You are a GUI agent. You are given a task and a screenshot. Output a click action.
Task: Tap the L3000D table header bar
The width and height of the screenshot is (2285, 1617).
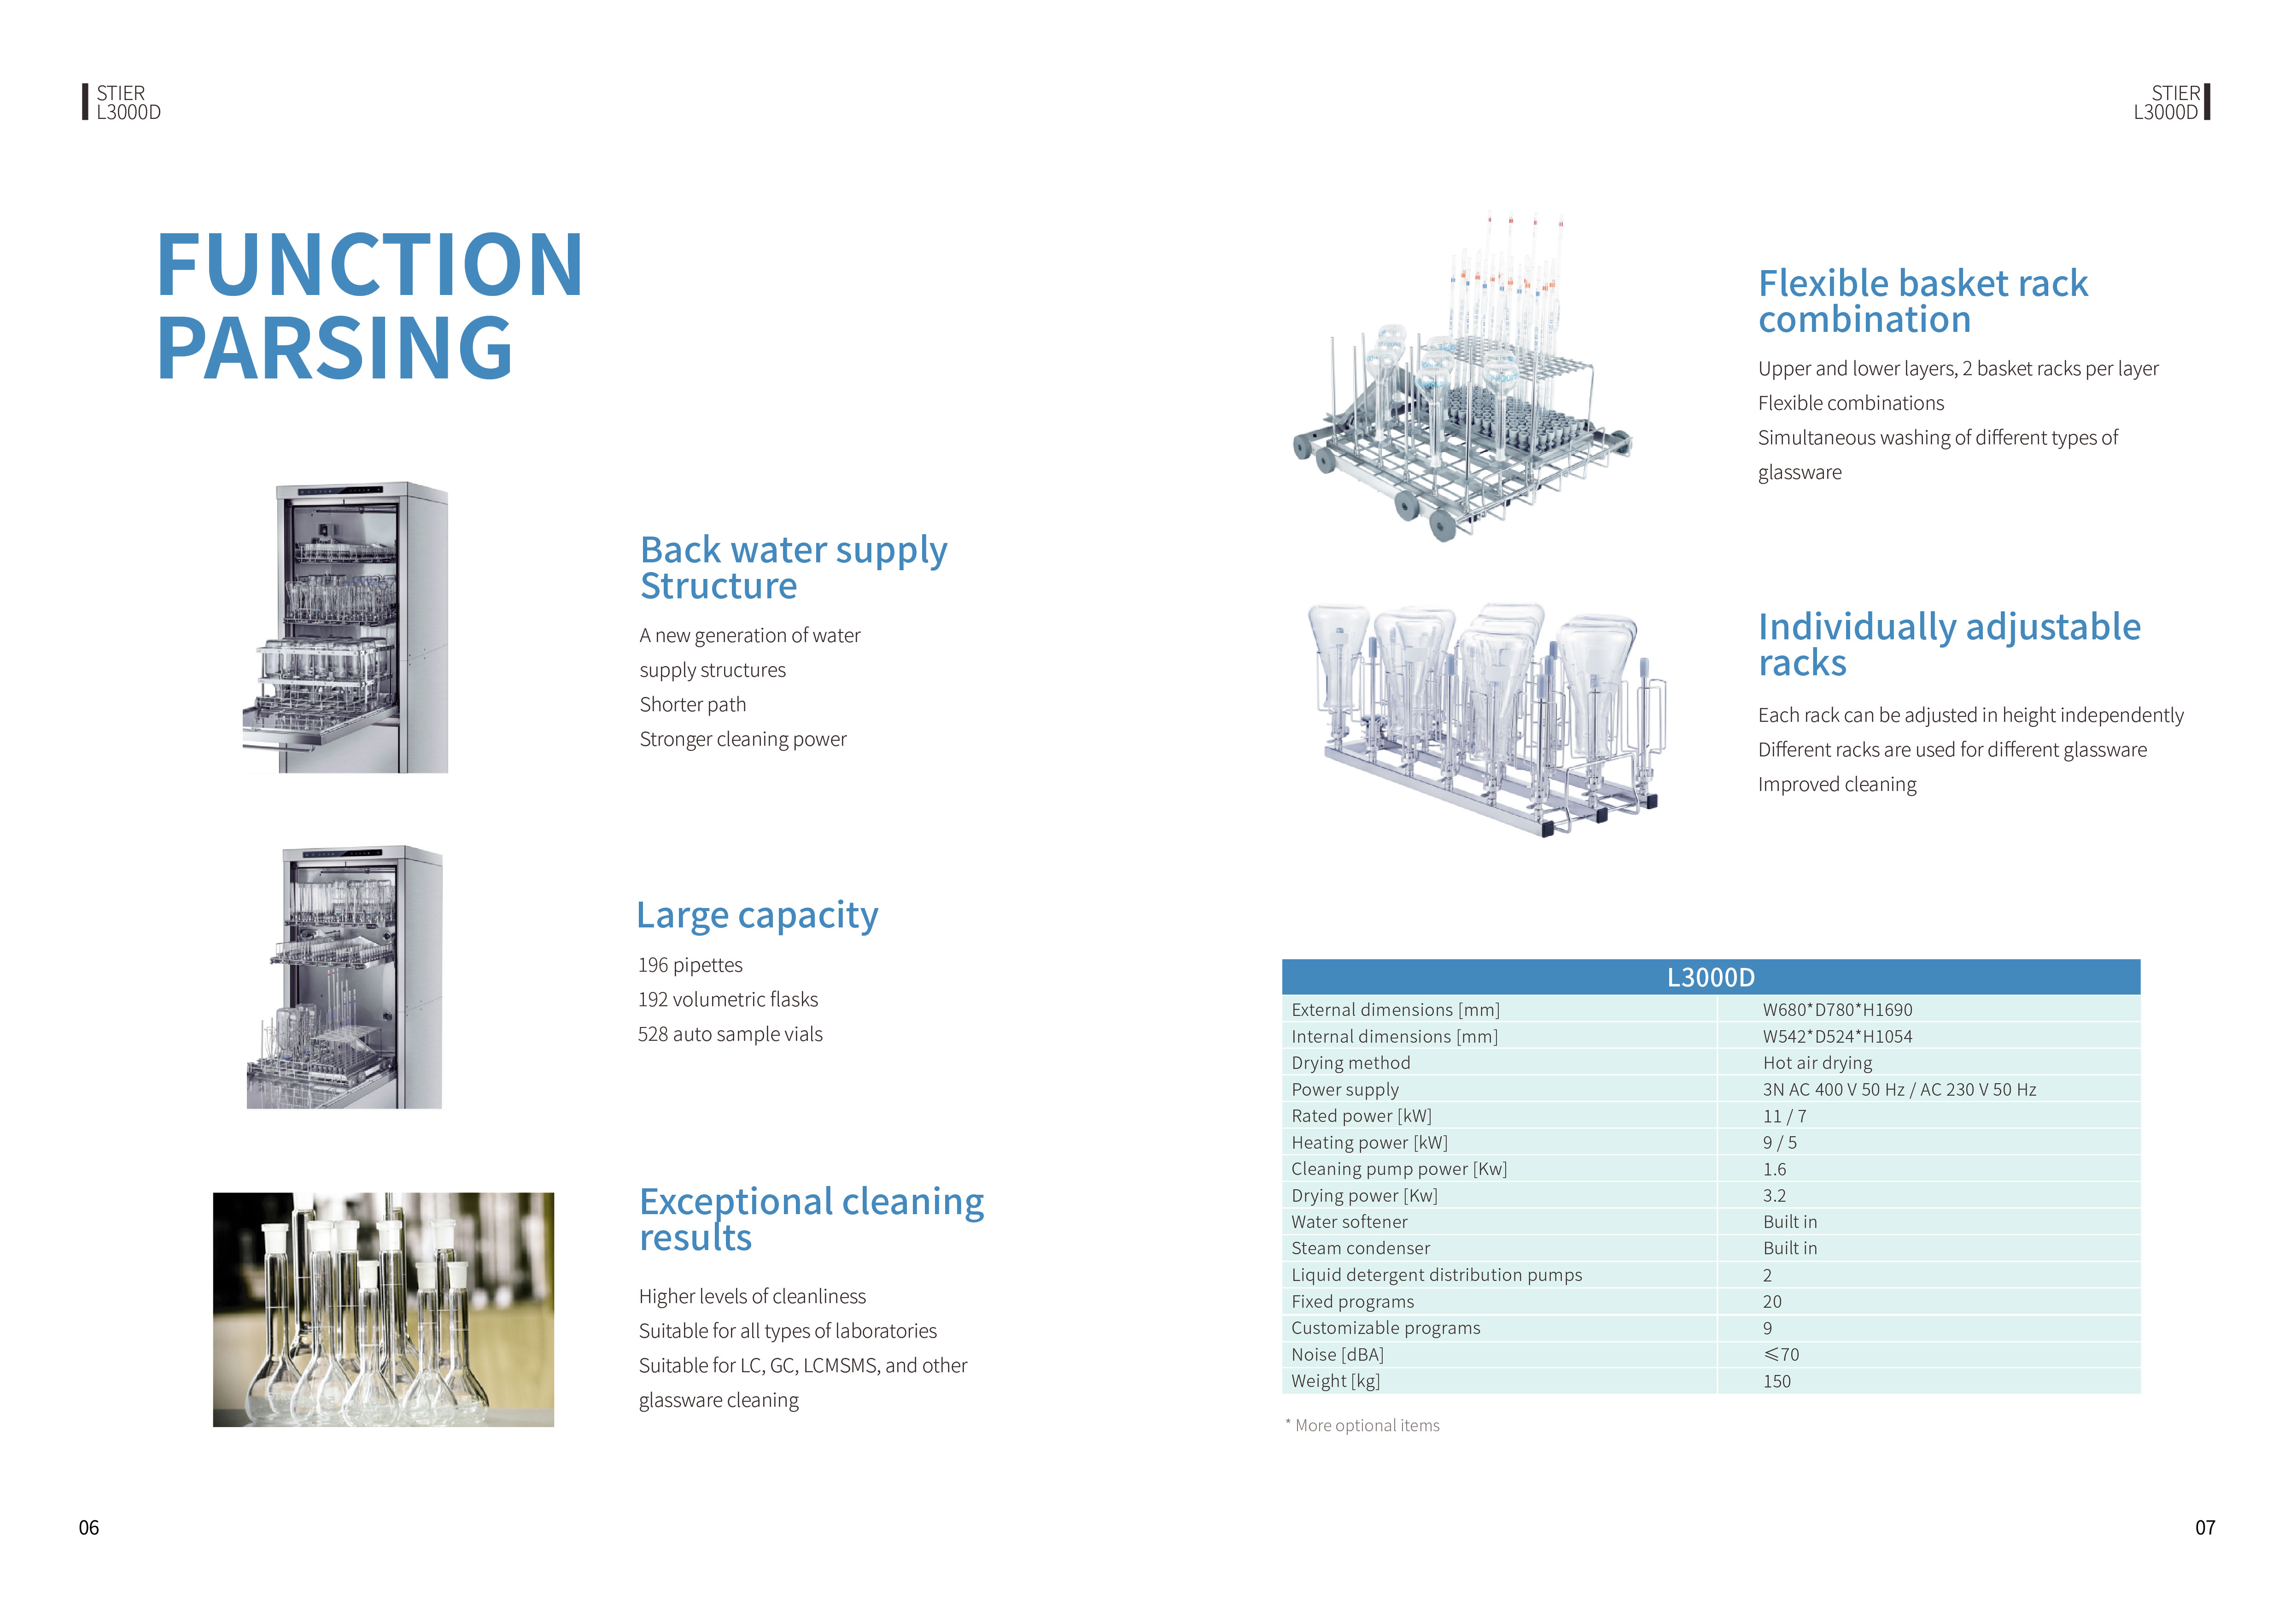(1710, 977)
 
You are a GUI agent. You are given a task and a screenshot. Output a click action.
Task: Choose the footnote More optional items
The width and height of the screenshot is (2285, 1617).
(1365, 1426)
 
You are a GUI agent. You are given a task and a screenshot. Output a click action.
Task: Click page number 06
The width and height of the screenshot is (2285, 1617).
(88, 1528)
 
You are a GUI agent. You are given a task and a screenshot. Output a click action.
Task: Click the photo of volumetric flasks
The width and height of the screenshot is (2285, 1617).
(383, 1310)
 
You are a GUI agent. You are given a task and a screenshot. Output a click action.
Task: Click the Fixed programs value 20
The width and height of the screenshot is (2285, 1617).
(1771, 1301)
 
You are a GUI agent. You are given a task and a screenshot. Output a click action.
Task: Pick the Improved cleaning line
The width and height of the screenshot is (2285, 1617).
(1836, 785)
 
